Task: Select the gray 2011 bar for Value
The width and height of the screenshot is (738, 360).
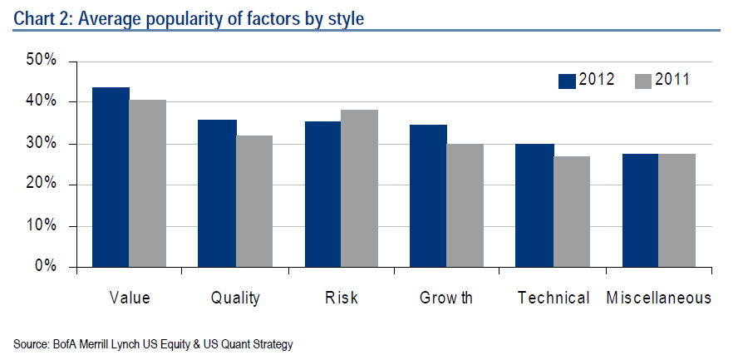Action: pyautogui.click(x=147, y=184)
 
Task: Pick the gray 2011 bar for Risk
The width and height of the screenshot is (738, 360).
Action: pyautogui.click(x=359, y=189)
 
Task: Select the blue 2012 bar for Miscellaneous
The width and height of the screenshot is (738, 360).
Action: pyautogui.click(x=641, y=210)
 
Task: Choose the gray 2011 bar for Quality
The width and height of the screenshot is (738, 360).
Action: pyautogui.click(x=253, y=201)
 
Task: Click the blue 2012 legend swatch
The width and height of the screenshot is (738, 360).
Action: pyautogui.click(x=568, y=81)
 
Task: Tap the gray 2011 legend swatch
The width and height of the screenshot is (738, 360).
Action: pyautogui.click(x=643, y=81)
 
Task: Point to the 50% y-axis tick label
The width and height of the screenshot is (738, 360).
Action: pyautogui.click(x=41, y=61)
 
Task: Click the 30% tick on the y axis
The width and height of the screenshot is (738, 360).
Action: pyautogui.click(x=41, y=143)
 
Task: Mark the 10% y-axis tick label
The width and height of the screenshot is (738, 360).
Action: pyautogui.click(x=41, y=225)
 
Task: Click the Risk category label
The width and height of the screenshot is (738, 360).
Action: pyautogui.click(x=341, y=298)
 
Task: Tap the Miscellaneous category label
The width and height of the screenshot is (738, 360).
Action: pyautogui.click(x=658, y=298)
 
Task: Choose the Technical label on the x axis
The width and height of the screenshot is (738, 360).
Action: pyautogui.click(x=553, y=298)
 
